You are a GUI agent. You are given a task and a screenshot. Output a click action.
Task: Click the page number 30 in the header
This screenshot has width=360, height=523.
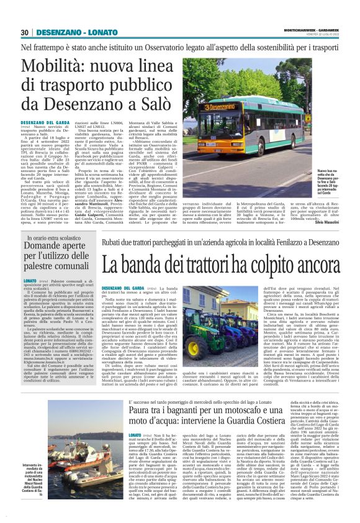(x=25, y=32)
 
